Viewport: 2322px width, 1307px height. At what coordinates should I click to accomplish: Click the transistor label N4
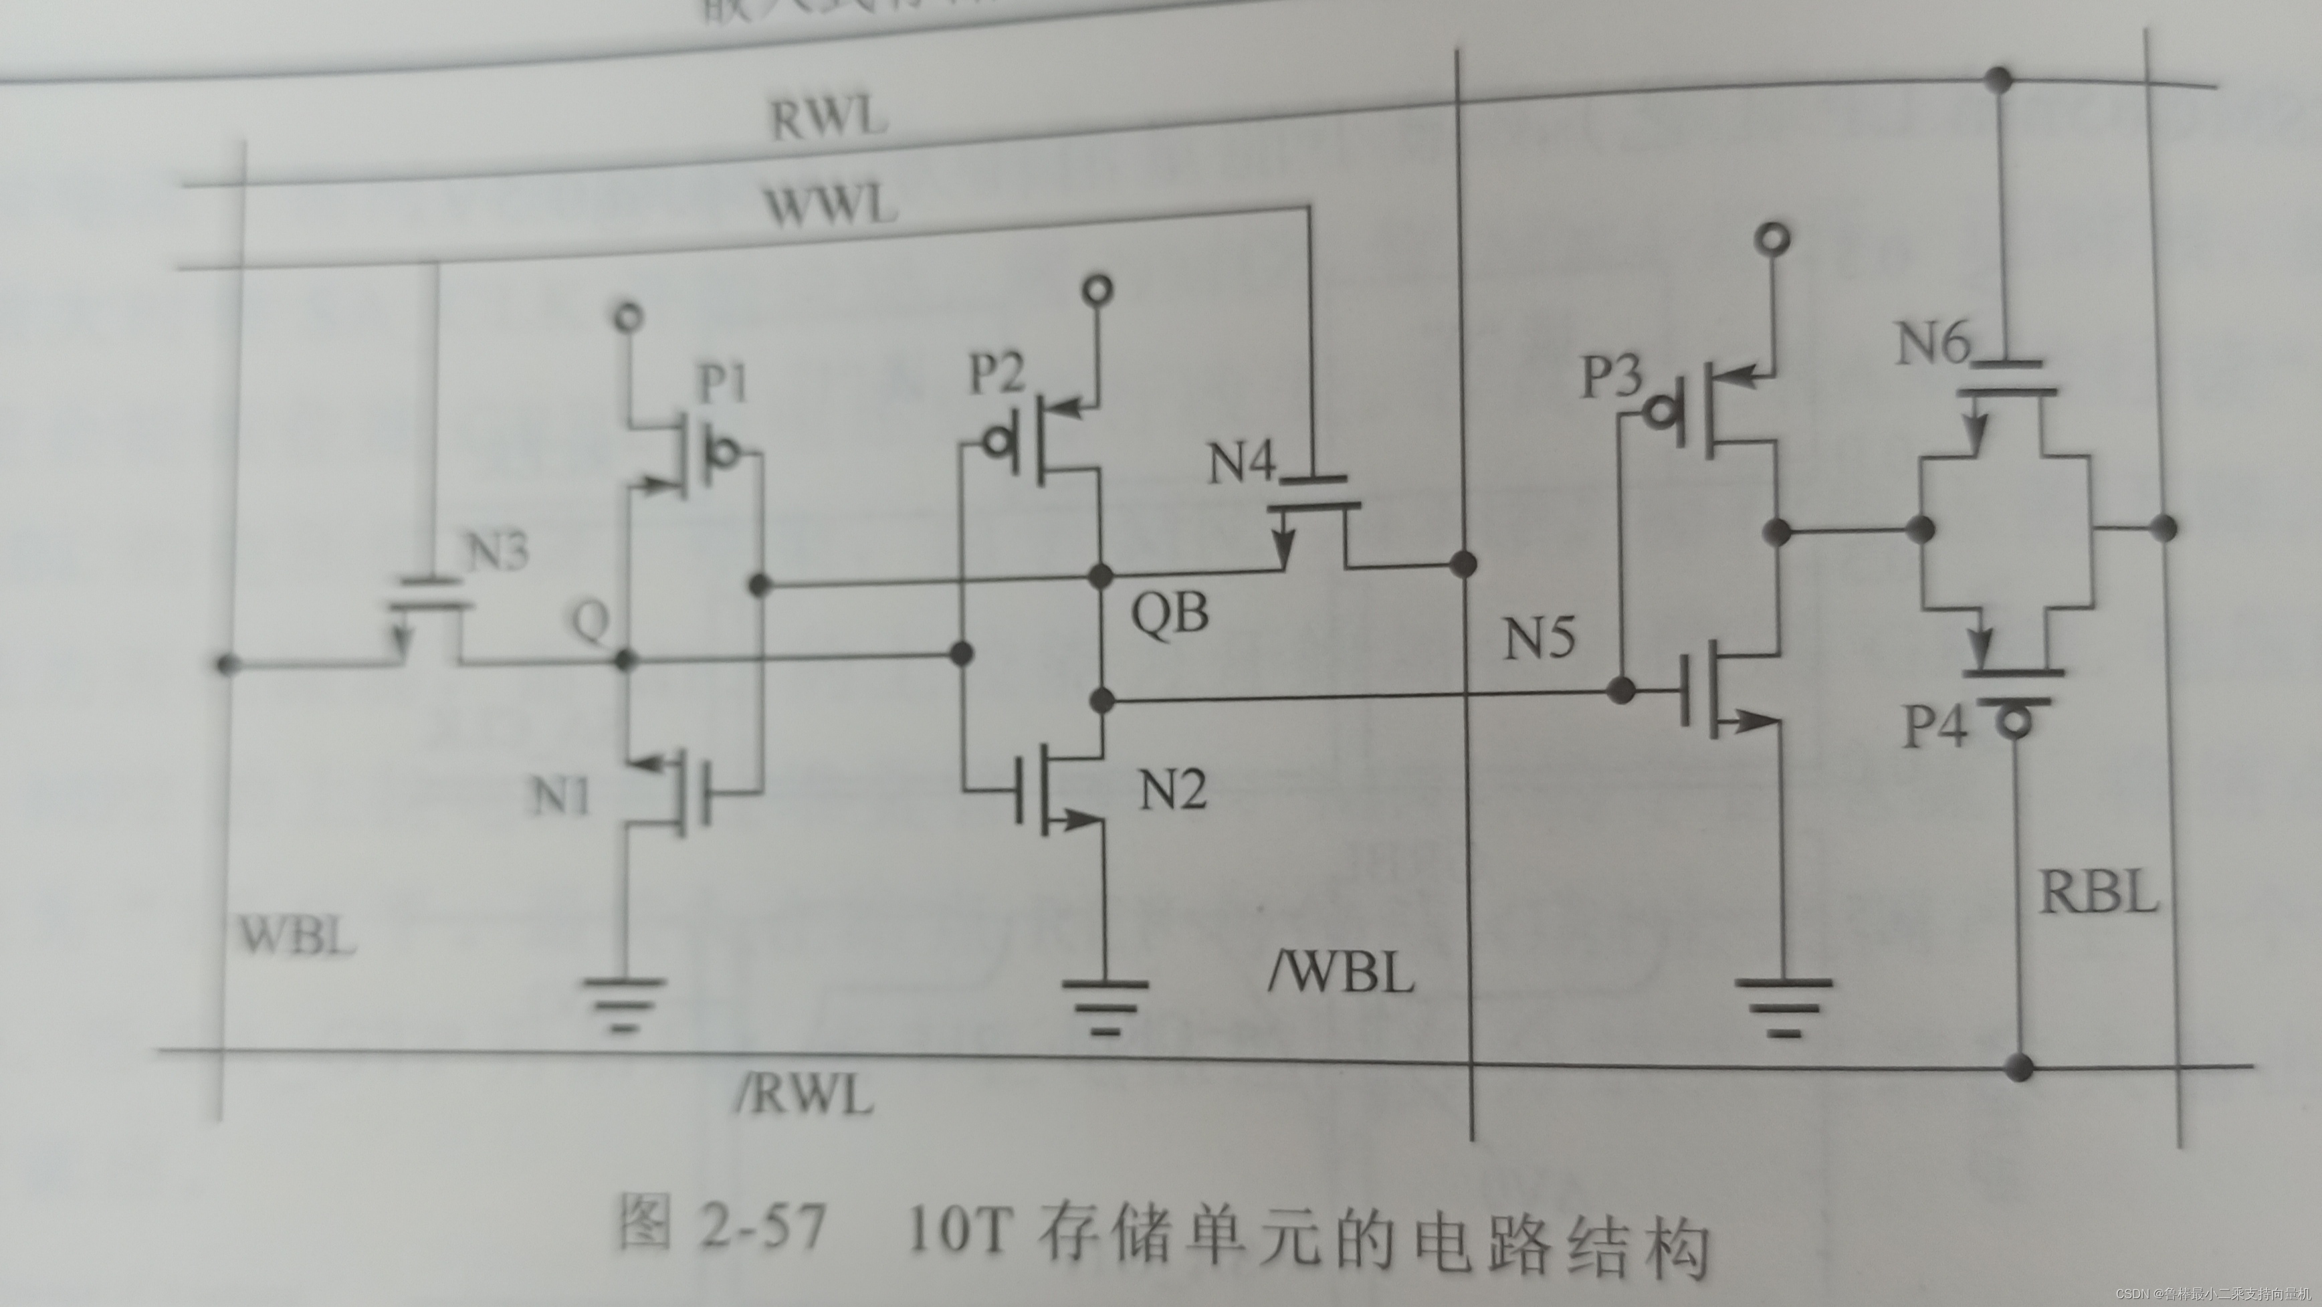(1242, 464)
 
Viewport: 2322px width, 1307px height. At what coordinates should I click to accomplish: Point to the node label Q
(591, 621)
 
